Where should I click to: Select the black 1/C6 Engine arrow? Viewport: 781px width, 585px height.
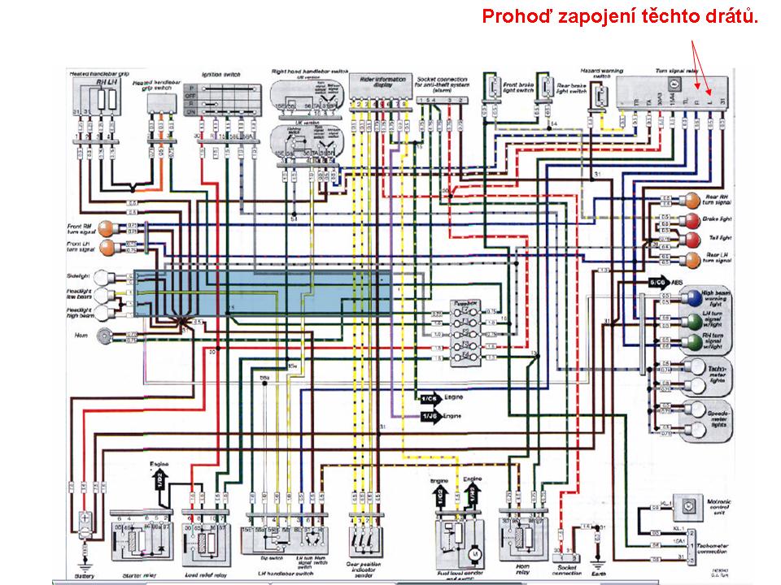tap(429, 399)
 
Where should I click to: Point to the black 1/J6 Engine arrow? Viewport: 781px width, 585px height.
tap(429, 416)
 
